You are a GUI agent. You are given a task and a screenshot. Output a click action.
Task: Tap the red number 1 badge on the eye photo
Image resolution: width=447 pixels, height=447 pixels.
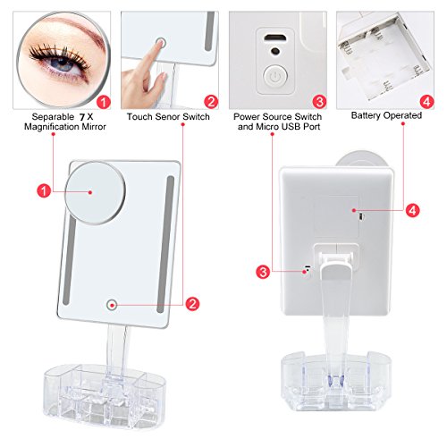(104, 102)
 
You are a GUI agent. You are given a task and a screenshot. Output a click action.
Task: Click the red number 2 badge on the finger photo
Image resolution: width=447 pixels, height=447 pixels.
(211, 102)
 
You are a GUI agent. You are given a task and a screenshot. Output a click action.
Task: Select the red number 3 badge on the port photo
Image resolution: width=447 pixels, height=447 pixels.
(319, 102)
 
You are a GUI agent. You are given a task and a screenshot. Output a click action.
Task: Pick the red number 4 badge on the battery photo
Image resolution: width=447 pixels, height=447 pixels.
(426, 102)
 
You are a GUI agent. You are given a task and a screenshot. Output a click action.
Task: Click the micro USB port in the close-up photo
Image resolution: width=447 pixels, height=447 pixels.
(275, 38)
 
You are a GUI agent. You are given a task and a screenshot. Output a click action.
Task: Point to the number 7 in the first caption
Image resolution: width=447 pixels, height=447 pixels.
(82, 117)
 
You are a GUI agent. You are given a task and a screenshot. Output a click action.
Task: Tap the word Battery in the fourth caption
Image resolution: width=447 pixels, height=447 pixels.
(367, 115)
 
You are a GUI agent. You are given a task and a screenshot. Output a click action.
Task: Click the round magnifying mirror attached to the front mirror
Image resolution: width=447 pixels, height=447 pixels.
(95, 193)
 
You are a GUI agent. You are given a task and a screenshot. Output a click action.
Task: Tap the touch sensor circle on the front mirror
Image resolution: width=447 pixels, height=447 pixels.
(112, 305)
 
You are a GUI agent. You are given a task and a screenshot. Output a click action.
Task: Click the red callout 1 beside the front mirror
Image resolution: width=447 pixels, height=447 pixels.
(44, 190)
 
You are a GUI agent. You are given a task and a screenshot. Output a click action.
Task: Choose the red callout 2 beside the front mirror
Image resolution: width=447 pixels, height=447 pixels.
(192, 304)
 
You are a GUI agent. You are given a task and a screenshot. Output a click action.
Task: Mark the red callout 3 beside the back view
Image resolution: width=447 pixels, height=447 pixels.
(263, 272)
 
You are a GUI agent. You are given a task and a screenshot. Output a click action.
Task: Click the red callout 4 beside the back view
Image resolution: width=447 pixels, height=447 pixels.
(412, 210)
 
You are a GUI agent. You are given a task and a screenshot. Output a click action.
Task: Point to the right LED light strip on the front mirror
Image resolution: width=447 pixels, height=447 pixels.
(165, 244)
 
